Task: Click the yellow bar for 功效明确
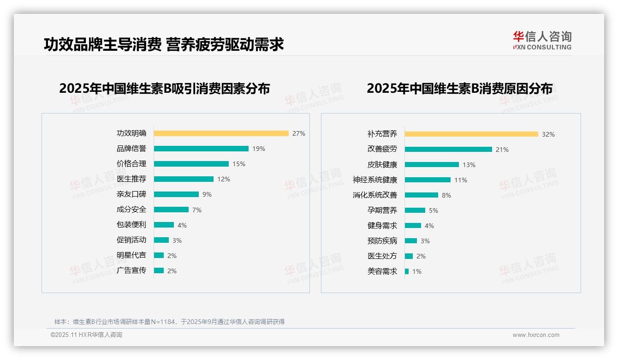click(221, 133)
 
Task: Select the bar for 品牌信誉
click(201, 149)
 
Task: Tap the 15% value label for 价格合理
click(239, 164)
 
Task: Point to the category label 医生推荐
click(131, 179)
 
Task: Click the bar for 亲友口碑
click(176, 194)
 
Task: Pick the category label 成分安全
click(131, 210)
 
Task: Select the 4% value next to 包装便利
click(182, 225)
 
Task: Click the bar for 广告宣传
click(159, 270)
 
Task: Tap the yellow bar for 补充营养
click(471, 134)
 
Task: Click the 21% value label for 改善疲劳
click(502, 150)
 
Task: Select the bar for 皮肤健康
click(432, 165)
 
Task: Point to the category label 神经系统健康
click(375, 180)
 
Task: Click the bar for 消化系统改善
click(422, 195)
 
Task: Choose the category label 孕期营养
click(382, 210)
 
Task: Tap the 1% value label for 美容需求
click(417, 271)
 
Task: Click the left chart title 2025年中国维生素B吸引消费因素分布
click(164, 89)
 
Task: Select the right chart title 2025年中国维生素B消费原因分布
click(459, 89)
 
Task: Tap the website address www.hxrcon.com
click(536, 335)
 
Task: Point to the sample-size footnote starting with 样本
click(169, 322)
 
